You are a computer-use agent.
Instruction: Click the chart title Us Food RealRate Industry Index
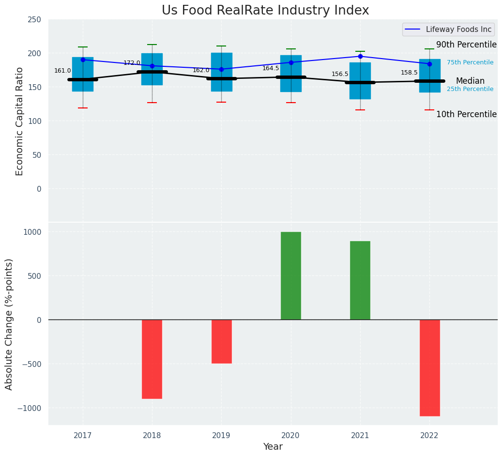pyautogui.click(x=265, y=11)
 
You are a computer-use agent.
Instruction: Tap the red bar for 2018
pyautogui.click(x=152, y=359)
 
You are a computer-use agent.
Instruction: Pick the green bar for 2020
pyautogui.click(x=291, y=275)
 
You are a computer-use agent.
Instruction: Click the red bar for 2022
pyautogui.click(x=429, y=367)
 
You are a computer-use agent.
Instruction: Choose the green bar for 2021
pyautogui.click(x=360, y=280)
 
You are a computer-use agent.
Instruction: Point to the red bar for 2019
pyautogui.click(x=221, y=341)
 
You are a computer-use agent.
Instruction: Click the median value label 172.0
pyautogui.click(x=132, y=63)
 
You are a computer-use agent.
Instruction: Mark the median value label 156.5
pyautogui.click(x=340, y=74)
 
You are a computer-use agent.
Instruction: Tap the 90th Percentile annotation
pyautogui.click(x=466, y=45)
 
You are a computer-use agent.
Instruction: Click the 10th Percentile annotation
pyautogui.click(x=466, y=114)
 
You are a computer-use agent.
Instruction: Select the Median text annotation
pyautogui.click(x=470, y=81)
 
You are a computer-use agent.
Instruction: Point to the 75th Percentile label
pyautogui.click(x=470, y=62)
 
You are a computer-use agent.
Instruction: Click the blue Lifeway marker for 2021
pyautogui.click(x=360, y=56)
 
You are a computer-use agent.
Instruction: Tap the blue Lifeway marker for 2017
pyautogui.click(x=83, y=60)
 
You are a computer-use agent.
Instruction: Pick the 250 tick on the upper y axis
pyautogui.click(x=35, y=19)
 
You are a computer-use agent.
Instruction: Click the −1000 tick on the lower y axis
pyautogui.click(x=30, y=408)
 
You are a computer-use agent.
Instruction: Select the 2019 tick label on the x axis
pyautogui.click(x=221, y=436)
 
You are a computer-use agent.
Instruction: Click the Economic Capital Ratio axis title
pyautogui.click(x=20, y=121)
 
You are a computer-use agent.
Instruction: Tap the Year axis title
pyautogui.click(x=273, y=447)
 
